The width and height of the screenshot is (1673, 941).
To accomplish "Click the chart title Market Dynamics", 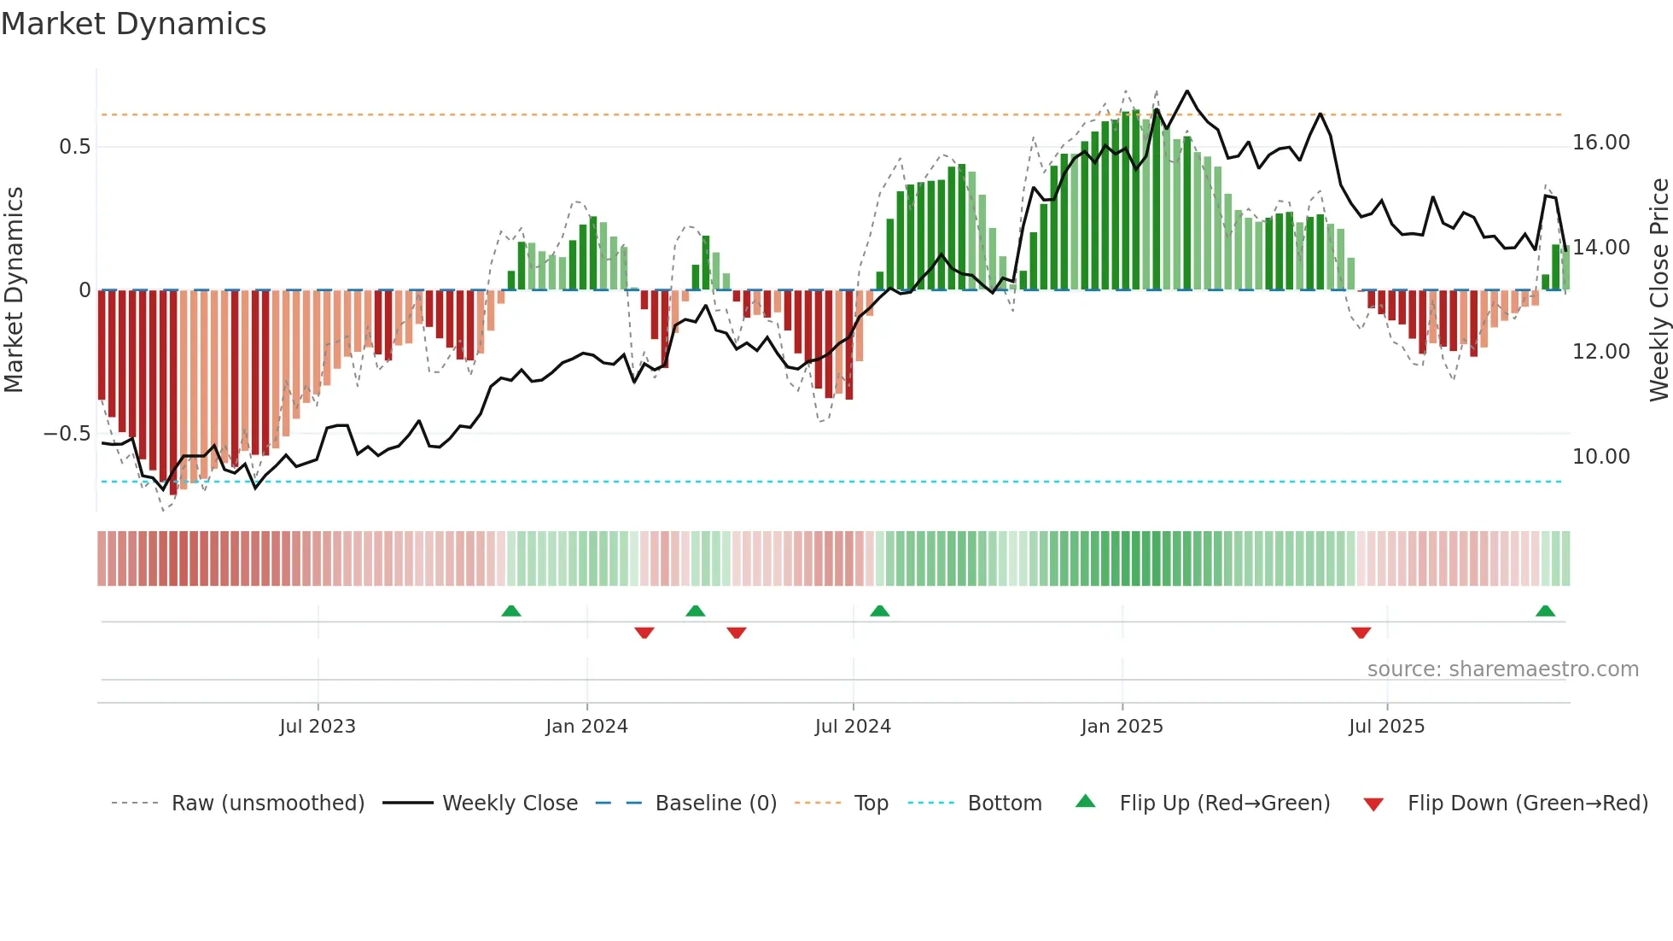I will (x=133, y=24).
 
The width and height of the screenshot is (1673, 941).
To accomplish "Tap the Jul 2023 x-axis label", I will (x=318, y=727).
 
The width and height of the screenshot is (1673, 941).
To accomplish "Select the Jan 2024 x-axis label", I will (x=586, y=727).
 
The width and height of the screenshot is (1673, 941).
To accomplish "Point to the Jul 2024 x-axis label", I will (x=853, y=727).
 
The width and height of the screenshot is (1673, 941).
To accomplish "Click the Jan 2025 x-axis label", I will (x=1122, y=727).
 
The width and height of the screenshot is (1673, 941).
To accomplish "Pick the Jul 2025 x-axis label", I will (x=1386, y=727).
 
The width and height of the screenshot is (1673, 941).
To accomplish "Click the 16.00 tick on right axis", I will (x=1600, y=143).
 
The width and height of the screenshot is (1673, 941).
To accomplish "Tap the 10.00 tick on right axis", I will (x=1600, y=457).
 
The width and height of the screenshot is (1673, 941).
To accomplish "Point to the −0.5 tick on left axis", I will (x=67, y=434).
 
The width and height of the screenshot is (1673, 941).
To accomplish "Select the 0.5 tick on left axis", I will (x=74, y=147).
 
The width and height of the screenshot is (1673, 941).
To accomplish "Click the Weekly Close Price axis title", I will (x=1658, y=290).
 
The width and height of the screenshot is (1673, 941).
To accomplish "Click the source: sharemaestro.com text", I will (x=1502, y=669).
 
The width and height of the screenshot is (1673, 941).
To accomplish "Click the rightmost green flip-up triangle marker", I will (x=1545, y=611).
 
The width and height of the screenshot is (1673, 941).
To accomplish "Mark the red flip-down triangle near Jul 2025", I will (x=1361, y=633).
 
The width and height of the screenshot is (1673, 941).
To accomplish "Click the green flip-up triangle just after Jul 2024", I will (x=879, y=611).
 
